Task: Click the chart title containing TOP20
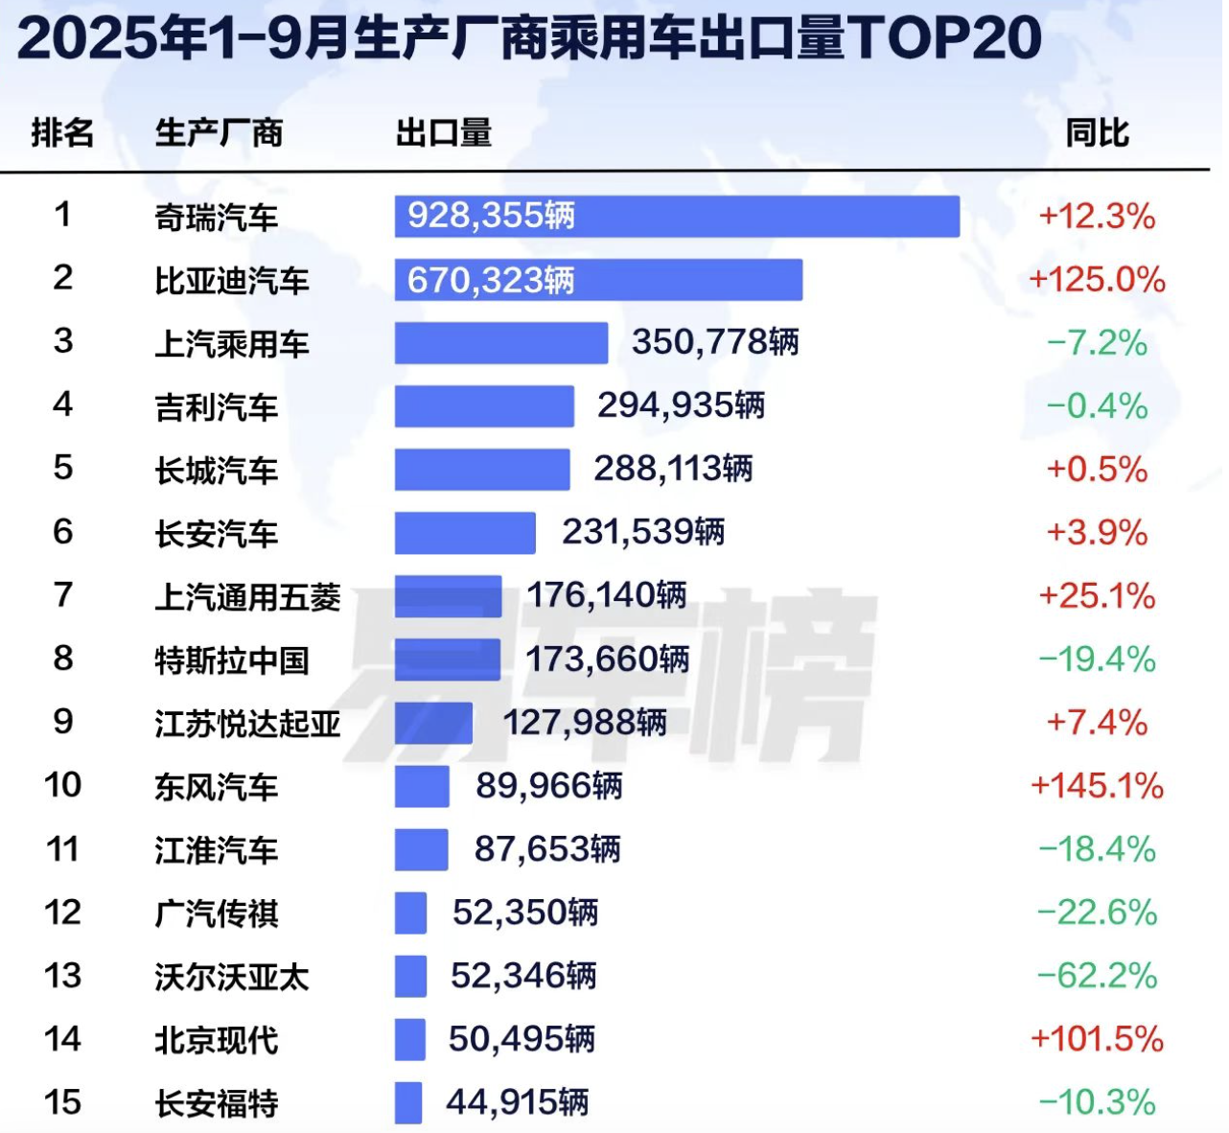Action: coord(529,38)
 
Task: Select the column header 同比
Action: coord(1097,133)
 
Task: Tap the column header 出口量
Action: coord(444,133)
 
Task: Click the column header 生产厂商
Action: coord(219,133)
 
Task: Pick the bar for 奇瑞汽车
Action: coord(677,217)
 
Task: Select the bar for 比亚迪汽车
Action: coord(598,280)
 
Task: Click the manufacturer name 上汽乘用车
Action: coord(232,344)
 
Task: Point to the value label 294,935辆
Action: coord(681,406)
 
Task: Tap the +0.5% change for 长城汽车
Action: coord(1097,470)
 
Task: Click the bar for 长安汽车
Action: coord(465,533)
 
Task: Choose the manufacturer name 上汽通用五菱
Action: coord(247,597)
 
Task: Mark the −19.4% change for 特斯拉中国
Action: coord(1097,659)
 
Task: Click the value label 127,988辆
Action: coord(585,723)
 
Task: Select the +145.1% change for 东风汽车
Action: coord(1097,786)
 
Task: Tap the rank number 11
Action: coord(62,849)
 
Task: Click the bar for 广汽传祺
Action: coord(410,913)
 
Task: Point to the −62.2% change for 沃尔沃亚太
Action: coord(1097,976)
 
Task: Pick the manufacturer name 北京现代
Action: coord(217,1040)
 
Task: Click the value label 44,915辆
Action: coord(517,1102)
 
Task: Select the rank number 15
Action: coord(62,1102)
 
